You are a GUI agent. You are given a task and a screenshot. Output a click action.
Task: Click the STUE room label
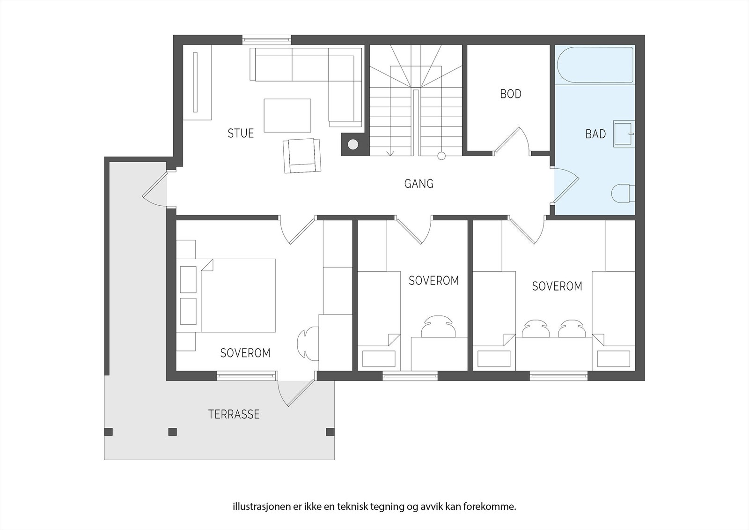coord(241,133)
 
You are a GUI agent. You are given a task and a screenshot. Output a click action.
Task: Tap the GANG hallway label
coord(419,184)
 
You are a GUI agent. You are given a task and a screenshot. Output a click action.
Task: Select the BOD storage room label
coord(511,94)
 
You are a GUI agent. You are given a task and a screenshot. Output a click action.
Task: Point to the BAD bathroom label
coord(595,134)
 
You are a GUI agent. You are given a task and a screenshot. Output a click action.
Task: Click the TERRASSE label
coord(234,414)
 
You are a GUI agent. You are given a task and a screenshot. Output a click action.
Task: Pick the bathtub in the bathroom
coord(595,65)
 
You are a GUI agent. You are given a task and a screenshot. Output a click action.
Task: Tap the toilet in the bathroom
coord(623,193)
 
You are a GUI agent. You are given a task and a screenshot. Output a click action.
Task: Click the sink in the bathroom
coord(624,134)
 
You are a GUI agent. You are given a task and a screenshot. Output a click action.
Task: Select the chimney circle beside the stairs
coord(353,145)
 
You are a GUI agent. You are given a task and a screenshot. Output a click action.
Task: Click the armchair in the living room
coord(302,156)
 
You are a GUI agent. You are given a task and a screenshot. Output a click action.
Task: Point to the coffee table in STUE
coord(287,115)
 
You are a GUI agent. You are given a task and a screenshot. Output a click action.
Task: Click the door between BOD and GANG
coord(512,141)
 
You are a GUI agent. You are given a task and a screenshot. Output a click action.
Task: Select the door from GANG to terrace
coord(154,189)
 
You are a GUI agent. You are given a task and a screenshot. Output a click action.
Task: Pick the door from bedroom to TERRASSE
coord(296,393)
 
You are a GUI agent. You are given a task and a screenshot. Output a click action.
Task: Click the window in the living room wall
coord(266,40)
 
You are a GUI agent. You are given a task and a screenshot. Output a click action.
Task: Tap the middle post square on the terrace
coord(172,432)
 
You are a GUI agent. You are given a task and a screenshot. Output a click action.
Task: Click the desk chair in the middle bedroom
coord(438,326)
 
